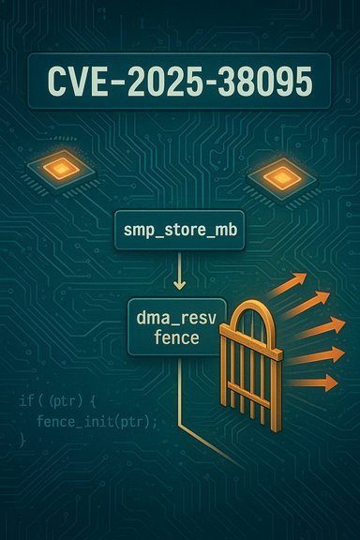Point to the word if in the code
pos(25,402)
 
